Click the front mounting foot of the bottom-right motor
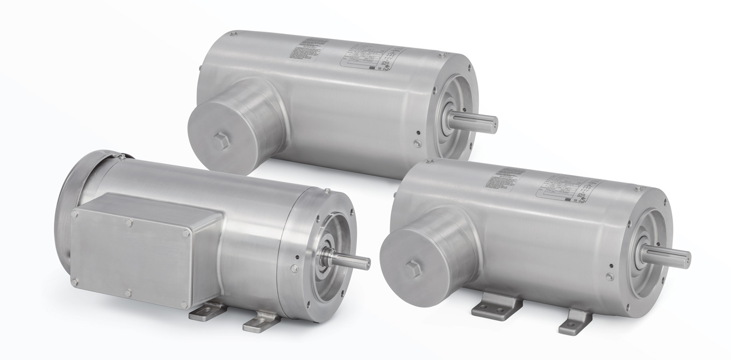click(575, 321)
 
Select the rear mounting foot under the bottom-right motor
click(496, 306)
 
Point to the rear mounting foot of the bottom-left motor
click(207, 311)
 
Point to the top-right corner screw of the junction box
click(186, 233)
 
